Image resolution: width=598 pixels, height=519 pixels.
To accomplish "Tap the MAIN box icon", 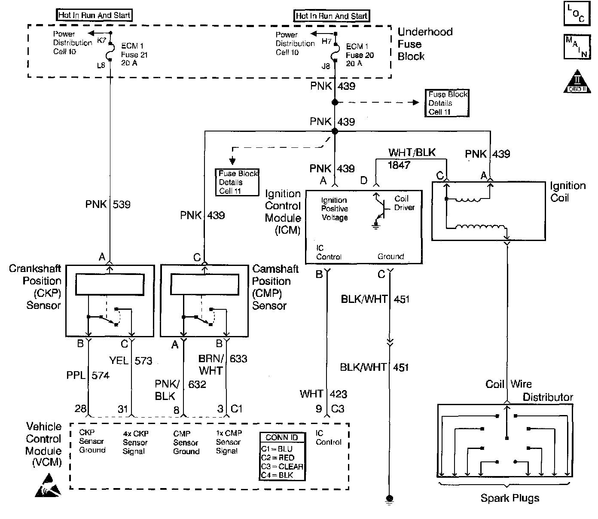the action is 577,47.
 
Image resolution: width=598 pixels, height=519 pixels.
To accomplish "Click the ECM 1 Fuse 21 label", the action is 134,55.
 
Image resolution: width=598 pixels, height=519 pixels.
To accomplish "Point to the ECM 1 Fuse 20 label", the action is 360,55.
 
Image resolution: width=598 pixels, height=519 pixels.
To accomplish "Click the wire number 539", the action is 122,204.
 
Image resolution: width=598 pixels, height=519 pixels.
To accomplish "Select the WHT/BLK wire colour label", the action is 412,152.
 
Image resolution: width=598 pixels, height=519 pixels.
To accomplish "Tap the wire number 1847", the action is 399,165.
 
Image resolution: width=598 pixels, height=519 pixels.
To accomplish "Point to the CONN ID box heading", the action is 282,437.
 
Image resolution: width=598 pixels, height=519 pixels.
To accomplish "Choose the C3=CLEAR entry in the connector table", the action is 282,466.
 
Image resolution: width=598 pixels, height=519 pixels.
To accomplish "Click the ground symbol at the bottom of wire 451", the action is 389,499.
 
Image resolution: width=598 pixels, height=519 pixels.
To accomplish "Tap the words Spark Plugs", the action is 510,498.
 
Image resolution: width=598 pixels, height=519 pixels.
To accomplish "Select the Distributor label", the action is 548,397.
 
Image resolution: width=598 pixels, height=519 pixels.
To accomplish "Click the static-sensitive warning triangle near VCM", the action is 48,485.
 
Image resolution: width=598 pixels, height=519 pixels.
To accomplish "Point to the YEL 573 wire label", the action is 131,360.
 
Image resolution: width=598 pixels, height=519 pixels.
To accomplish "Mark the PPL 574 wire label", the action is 88,375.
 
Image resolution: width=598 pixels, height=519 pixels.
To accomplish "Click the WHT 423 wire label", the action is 323,394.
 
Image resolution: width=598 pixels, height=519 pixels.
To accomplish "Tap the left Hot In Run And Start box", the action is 94,15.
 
